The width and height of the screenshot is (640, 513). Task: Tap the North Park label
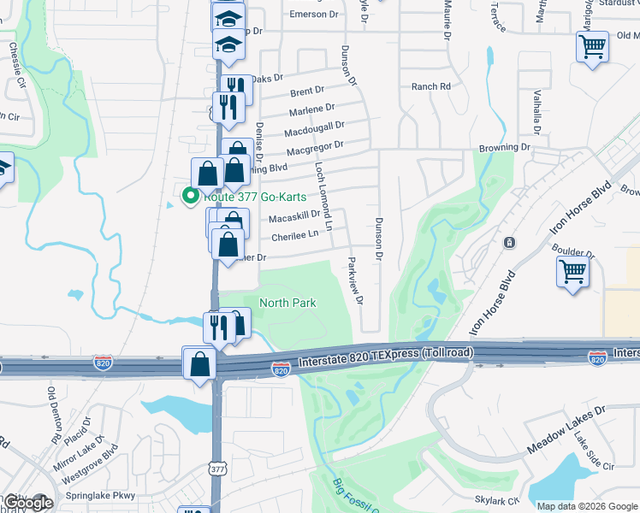287,303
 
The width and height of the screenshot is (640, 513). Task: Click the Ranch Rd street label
430,86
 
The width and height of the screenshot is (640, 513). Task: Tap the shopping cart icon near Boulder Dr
572,272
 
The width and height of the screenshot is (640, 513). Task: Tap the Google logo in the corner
27,502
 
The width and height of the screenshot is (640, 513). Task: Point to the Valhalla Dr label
537,111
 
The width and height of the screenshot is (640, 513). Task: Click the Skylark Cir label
496,499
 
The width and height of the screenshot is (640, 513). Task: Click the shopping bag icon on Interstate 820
199,363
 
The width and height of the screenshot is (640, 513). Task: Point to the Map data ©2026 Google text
587,505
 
